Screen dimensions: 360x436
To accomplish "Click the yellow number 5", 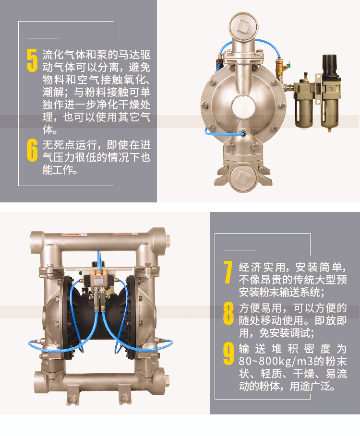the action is [x=32, y=60].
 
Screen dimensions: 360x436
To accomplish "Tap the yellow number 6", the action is [x=32, y=150].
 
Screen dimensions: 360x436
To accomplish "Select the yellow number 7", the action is [x=228, y=272].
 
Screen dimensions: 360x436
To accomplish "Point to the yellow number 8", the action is [x=228, y=313].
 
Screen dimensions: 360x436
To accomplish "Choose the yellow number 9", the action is [x=228, y=354].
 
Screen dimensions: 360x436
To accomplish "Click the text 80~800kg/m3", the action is [x=276, y=361].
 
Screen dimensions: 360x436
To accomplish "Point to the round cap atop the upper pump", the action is [x=243, y=27].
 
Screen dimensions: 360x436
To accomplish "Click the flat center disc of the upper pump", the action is [x=243, y=107].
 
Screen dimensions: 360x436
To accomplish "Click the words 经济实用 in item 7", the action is [x=262, y=267].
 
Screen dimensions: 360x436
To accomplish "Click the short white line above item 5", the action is [x=43, y=38].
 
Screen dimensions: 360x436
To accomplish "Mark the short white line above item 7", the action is [x=239, y=250].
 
